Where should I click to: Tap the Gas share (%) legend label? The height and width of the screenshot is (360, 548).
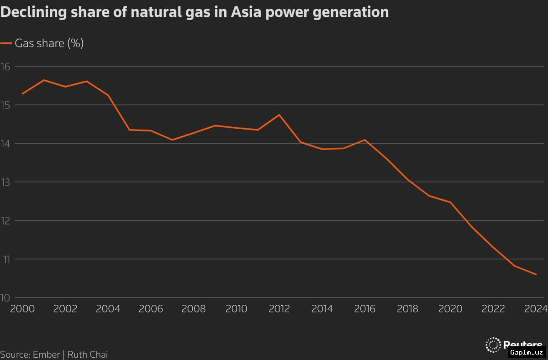[49, 43]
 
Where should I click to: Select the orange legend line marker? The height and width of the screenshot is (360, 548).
[6, 43]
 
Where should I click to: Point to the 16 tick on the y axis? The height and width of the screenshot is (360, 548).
[5, 67]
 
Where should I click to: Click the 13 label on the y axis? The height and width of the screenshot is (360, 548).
[5, 182]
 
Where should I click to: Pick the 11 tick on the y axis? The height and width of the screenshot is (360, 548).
[5, 259]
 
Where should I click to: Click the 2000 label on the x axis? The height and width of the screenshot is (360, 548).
[22, 309]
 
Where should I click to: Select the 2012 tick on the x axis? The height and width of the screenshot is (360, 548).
[279, 309]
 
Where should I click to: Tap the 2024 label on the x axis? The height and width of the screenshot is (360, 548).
[536, 309]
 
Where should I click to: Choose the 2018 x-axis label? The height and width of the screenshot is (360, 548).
[407, 309]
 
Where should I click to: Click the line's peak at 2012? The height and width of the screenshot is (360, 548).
[279, 115]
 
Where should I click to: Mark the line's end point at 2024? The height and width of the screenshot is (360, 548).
[536, 274]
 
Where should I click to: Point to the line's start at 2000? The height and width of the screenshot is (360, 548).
[22, 94]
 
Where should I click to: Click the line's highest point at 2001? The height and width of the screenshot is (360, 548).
[44, 80]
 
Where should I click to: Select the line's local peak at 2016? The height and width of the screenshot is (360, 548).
[365, 140]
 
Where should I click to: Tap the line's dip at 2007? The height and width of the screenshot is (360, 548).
[172, 140]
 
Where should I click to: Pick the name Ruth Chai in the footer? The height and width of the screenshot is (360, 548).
[87, 355]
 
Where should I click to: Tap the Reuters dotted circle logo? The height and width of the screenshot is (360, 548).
[493, 345]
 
